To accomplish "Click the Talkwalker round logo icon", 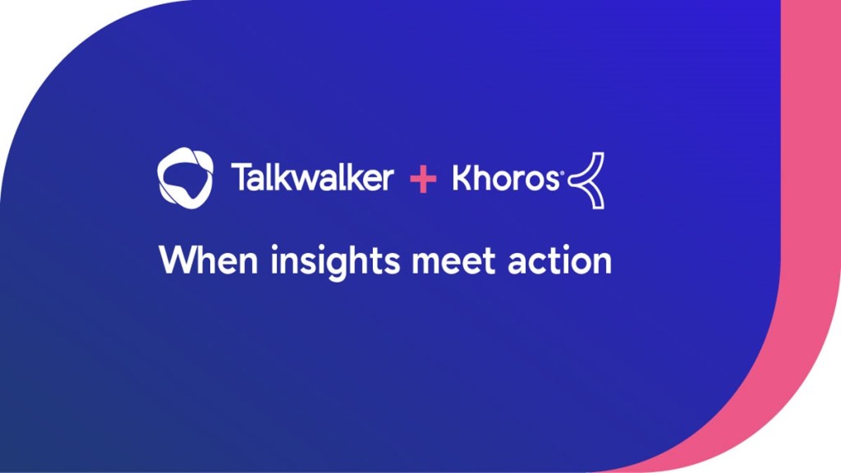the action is (185, 178).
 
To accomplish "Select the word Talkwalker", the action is (312, 177).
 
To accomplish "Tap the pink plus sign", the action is (423, 179).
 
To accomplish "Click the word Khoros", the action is (505, 177).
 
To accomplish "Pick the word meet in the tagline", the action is (453, 261).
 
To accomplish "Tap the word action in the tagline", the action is (559, 260).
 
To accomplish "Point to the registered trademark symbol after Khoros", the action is (562, 172).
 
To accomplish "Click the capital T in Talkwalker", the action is (241, 177).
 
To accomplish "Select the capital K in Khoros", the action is (463, 177).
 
